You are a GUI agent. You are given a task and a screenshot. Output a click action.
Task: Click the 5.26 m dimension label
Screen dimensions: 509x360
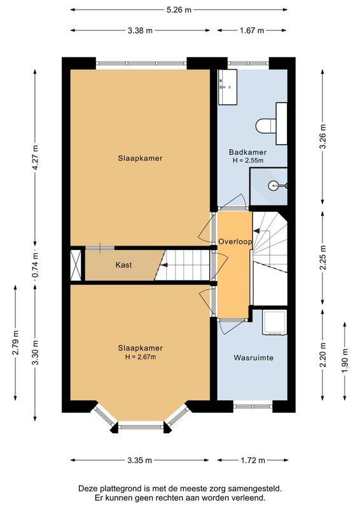click(x=179, y=10)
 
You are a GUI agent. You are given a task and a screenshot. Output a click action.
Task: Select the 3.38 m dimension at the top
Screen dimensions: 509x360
click(x=140, y=30)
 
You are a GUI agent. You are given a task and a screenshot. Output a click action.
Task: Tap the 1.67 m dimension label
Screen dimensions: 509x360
click(x=253, y=30)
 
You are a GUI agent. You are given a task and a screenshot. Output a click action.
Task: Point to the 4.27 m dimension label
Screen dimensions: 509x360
click(x=36, y=155)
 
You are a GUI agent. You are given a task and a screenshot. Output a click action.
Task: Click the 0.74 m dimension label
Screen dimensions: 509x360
click(x=36, y=264)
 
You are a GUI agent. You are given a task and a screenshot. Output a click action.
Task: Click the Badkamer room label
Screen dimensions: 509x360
click(x=248, y=153)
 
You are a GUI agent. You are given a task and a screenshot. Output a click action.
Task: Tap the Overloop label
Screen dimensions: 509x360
click(x=235, y=242)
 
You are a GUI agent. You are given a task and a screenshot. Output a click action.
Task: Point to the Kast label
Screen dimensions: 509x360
click(x=124, y=265)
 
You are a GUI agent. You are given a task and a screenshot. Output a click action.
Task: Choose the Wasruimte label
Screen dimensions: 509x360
click(x=253, y=358)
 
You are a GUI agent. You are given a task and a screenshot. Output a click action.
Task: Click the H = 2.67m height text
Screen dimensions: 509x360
click(x=140, y=357)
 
